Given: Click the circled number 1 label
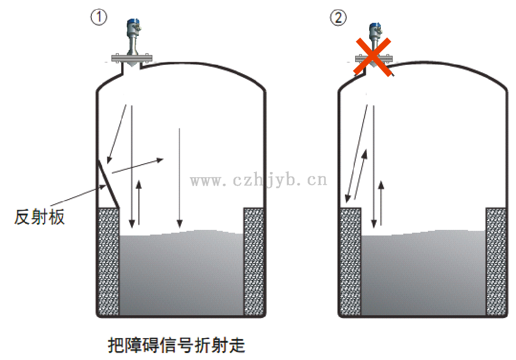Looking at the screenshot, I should [99, 18].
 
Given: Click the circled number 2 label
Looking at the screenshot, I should [338, 18].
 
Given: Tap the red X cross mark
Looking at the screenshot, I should [372, 57].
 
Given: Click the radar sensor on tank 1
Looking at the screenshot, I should [132, 35].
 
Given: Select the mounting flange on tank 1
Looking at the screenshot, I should [132, 58].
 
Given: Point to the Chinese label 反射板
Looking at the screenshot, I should [40, 217].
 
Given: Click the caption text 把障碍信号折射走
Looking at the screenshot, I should [176, 346].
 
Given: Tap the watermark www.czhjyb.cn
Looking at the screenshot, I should [259, 180].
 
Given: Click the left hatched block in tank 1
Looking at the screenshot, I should [109, 262].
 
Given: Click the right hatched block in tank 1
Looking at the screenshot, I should [254, 262].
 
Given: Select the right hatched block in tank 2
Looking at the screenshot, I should [495, 262].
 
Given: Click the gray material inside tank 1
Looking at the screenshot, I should [182, 275].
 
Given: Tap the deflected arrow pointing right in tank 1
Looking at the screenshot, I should [138, 166].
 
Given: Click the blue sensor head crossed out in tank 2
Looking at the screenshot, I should [373, 29].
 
